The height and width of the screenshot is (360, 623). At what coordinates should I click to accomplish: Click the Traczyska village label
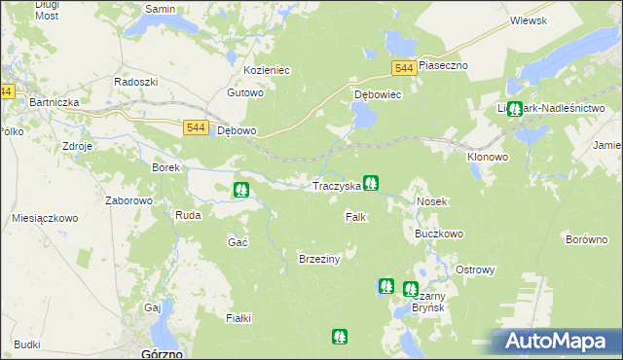click(336, 185)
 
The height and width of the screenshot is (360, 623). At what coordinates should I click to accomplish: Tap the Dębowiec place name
click(378, 95)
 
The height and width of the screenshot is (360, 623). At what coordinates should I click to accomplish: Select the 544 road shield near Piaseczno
click(406, 67)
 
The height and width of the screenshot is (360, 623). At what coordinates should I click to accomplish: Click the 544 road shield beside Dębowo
click(195, 127)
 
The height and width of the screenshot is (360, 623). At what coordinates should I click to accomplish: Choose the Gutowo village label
click(245, 93)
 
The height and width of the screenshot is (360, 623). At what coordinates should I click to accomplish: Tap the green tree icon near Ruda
click(241, 189)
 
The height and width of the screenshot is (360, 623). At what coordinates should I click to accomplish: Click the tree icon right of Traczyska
click(371, 182)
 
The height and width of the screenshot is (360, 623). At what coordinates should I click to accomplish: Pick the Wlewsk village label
click(528, 20)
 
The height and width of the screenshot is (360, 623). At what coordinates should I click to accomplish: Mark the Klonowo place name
click(488, 157)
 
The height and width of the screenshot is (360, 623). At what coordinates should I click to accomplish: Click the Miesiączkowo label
click(45, 218)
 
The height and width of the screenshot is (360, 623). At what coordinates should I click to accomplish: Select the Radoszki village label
click(135, 82)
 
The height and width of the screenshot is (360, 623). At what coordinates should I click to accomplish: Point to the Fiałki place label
click(238, 318)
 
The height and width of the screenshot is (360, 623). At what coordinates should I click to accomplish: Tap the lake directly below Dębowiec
click(362, 118)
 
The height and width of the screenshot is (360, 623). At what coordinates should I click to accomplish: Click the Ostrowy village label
click(476, 270)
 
